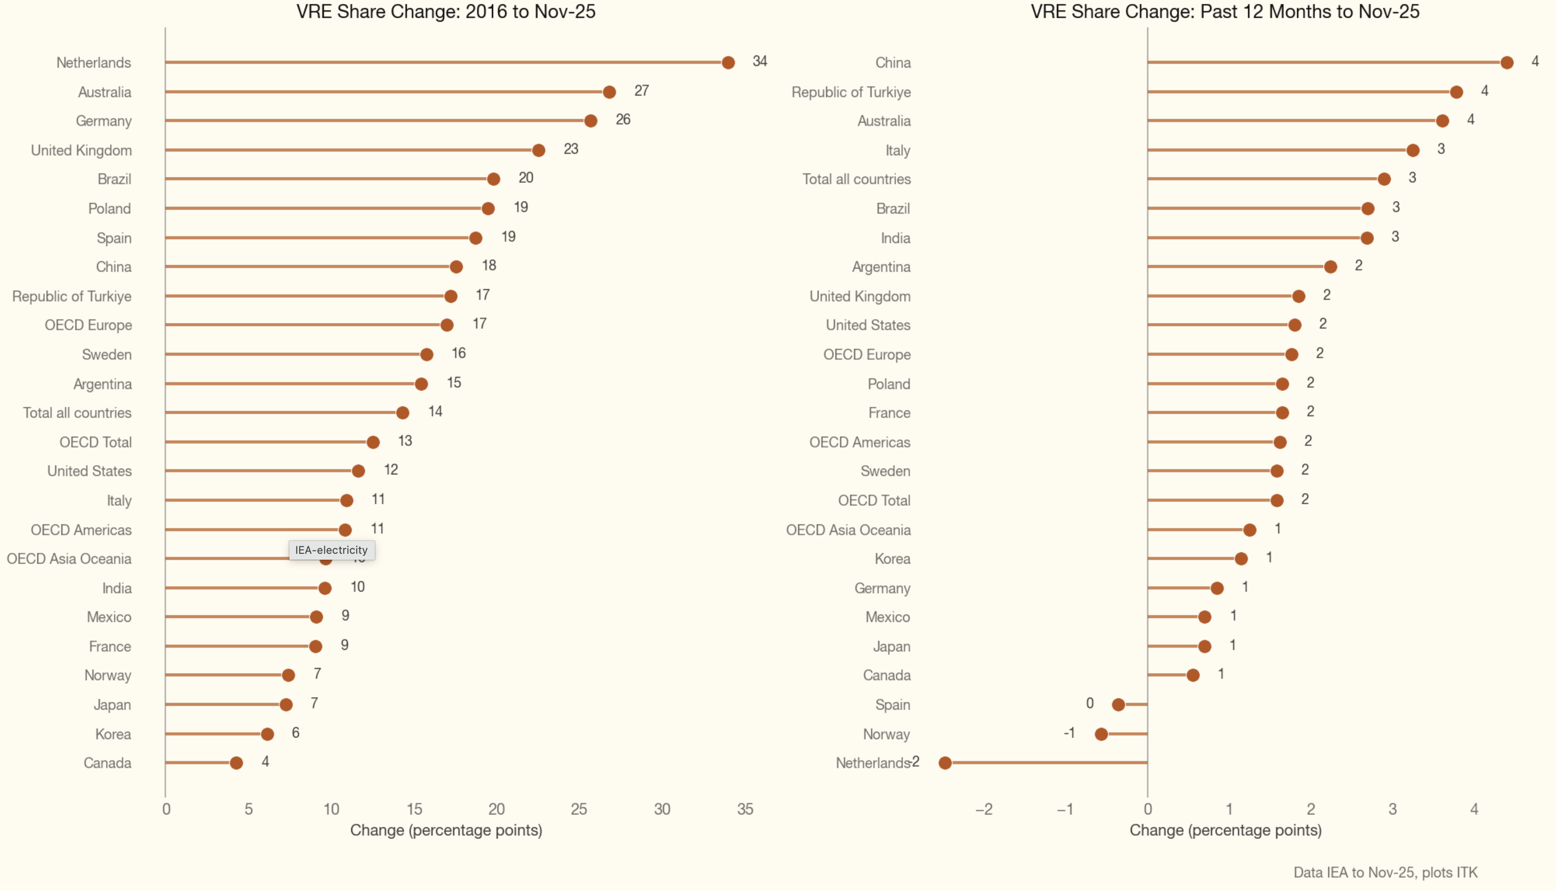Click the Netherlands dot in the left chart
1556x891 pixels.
(x=728, y=62)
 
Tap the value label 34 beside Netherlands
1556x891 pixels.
(x=760, y=61)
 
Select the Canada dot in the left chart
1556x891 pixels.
(x=236, y=763)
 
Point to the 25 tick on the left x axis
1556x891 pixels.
(x=579, y=809)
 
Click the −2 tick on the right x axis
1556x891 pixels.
(x=984, y=809)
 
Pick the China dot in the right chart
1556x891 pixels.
(x=1507, y=62)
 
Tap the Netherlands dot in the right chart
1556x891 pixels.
(x=945, y=763)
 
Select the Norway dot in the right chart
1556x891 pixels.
(x=1101, y=734)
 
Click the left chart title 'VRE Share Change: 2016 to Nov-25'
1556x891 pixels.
(x=446, y=12)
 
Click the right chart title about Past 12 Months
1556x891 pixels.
(x=1225, y=12)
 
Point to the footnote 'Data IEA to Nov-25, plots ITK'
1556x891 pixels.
(x=1385, y=872)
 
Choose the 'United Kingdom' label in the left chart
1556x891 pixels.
(x=81, y=150)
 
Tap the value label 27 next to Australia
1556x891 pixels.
(x=641, y=91)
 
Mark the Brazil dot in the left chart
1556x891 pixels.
(x=493, y=179)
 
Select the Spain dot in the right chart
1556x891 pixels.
(x=1118, y=704)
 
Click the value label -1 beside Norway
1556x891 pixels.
(x=1069, y=733)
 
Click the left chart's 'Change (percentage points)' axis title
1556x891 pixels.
(x=446, y=830)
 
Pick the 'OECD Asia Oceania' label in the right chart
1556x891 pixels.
(x=848, y=530)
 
